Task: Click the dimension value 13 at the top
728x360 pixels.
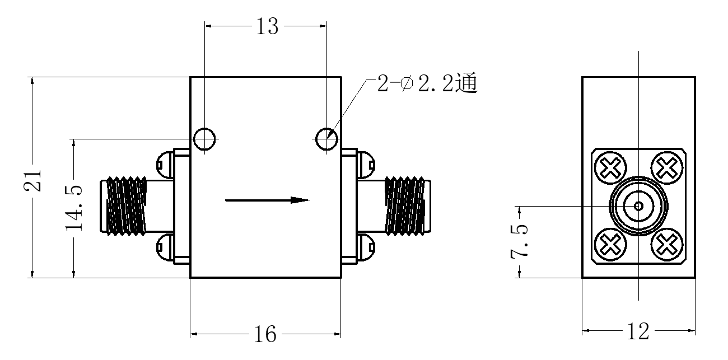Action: click(x=267, y=26)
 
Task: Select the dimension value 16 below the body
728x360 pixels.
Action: click(x=265, y=334)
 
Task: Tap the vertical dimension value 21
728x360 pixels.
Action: click(x=33, y=180)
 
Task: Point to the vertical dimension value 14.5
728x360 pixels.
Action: click(x=74, y=208)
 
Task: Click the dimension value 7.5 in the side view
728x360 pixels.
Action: click(x=519, y=241)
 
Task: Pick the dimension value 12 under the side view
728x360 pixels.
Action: click(x=638, y=331)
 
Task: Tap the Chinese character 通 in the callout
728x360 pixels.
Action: click(x=466, y=83)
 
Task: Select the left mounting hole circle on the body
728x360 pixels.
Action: click(x=204, y=128)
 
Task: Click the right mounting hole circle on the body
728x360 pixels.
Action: click(x=327, y=128)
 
